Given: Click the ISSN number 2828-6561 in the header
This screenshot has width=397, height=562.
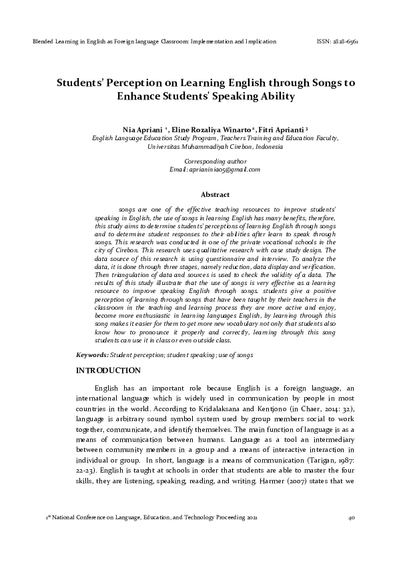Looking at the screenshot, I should pos(346,41).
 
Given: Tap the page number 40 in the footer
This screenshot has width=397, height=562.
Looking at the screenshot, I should pos(352,518).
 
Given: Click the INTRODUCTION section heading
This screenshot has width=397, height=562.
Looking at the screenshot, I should pos(108,370).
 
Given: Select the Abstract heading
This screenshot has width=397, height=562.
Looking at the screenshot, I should pos(215,195).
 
